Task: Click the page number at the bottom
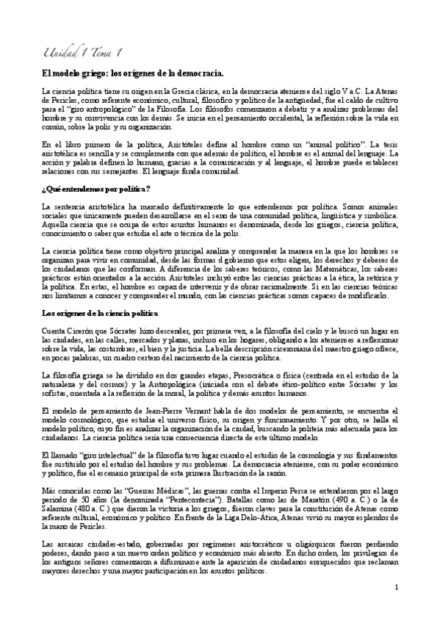[396, 588]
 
